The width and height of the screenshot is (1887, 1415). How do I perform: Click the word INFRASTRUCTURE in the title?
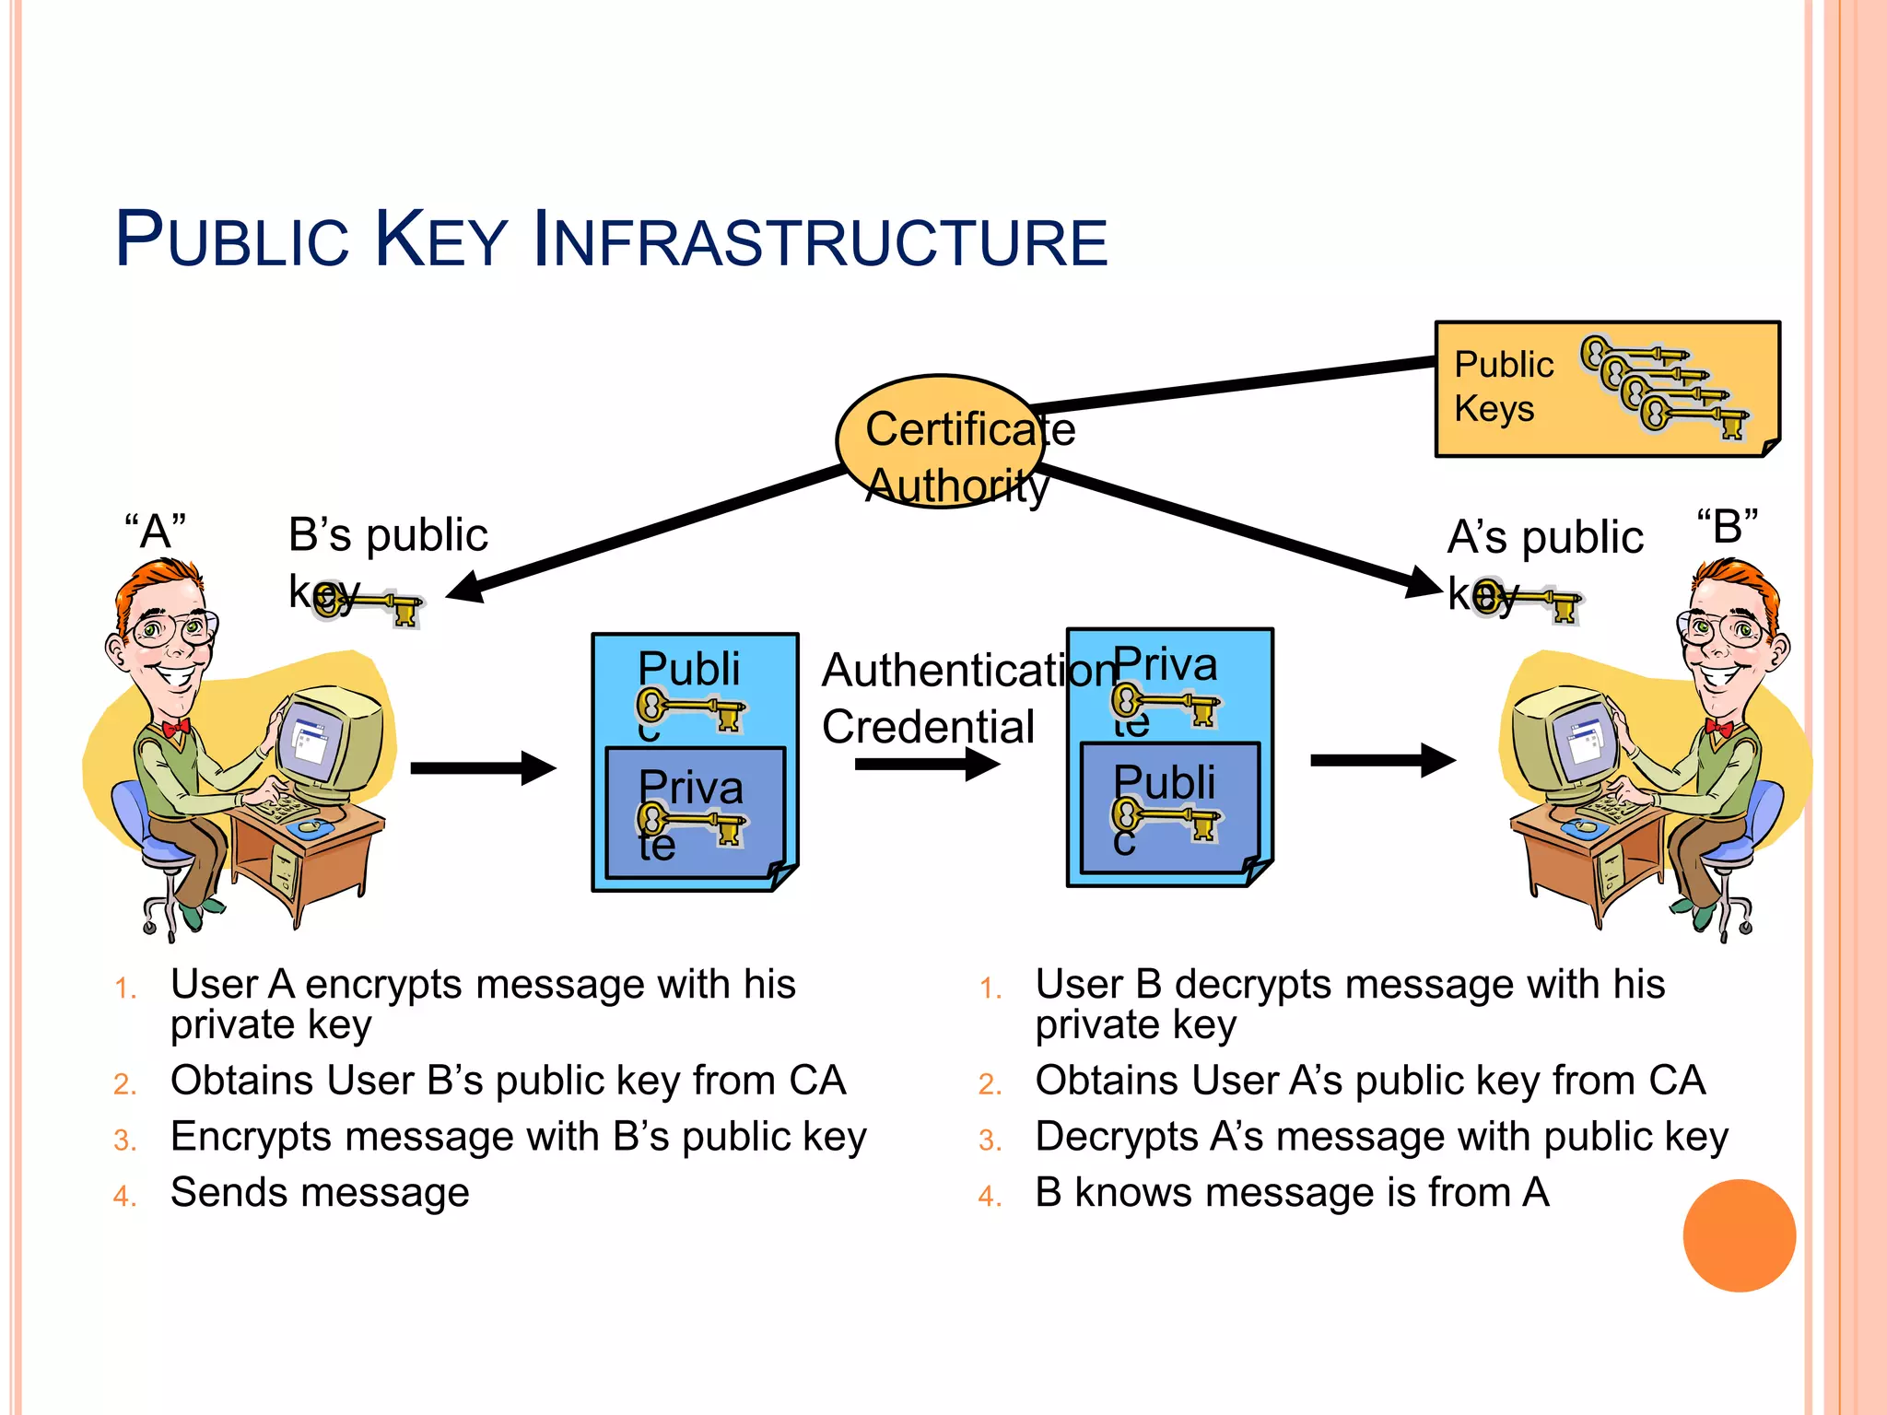click(x=820, y=241)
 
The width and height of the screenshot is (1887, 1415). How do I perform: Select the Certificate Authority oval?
click(x=940, y=442)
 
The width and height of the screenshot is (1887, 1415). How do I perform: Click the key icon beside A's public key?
click(x=1530, y=600)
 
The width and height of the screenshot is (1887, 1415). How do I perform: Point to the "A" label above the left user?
click(x=156, y=532)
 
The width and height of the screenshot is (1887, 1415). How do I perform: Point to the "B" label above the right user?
click(x=1728, y=527)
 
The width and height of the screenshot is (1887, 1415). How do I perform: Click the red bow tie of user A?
click(x=175, y=727)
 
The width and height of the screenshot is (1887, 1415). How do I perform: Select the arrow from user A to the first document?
click(x=483, y=767)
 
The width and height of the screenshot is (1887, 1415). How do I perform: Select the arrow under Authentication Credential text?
click(x=926, y=764)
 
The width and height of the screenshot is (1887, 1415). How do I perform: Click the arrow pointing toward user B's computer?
click(x=1382, y=760)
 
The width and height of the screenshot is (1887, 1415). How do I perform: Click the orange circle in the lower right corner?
click(x=1739, y=1235)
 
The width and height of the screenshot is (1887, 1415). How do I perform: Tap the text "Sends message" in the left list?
click(x=320, y=1193)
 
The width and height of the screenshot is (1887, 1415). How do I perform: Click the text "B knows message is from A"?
click(x=1292, y=1193)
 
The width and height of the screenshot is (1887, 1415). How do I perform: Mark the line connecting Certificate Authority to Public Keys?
click(x=1235, y=385)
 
